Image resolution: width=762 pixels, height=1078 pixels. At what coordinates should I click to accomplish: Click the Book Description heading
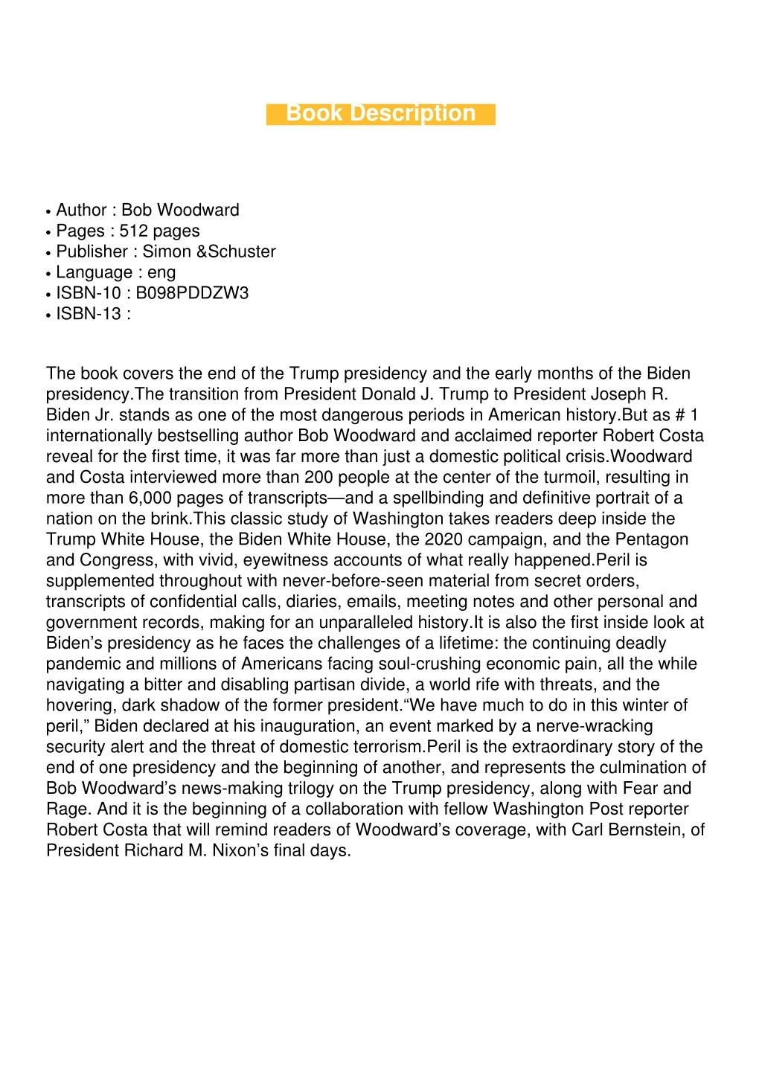380,113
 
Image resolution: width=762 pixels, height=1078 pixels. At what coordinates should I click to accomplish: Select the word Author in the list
81,210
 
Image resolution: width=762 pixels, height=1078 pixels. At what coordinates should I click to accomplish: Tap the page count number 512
134,231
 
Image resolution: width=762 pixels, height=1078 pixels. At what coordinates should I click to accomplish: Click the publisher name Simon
167,251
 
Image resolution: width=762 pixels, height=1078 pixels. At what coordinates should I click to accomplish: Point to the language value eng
161,272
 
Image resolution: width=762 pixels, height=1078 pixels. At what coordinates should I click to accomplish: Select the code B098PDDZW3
192,293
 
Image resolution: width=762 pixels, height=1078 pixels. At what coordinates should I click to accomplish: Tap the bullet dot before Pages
48,232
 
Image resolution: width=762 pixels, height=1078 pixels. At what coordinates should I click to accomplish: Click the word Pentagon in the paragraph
650,539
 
